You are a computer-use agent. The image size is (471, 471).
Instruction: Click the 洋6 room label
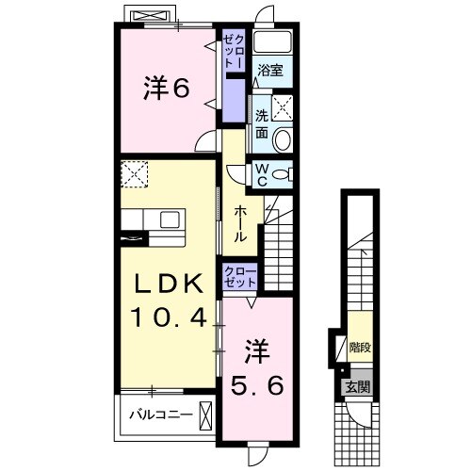coord(167,89)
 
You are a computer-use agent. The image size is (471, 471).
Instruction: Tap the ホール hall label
coord(240,224)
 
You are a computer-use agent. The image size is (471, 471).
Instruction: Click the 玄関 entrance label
coord(356,385)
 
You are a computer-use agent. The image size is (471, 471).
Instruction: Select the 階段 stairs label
coord(359,348)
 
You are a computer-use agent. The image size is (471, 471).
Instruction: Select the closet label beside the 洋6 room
coord(232,48)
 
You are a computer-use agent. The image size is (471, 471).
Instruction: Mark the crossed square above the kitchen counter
coord(135,173)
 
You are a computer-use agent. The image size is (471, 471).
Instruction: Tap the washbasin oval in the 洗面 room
coord(284,140)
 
